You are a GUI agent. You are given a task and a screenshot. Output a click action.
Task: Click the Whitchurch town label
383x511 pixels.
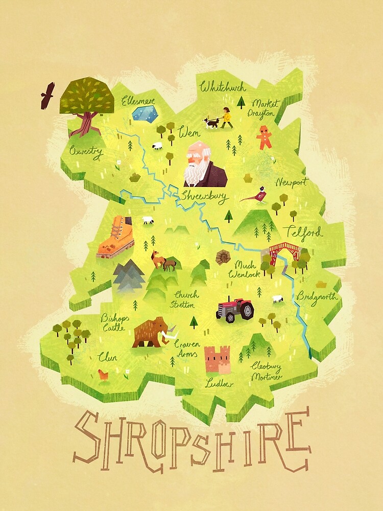coord(223,87)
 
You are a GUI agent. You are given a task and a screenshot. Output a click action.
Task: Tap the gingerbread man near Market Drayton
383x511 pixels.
coord(264,137)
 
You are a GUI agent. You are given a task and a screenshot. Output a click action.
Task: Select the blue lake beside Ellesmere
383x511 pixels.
coord(144,114)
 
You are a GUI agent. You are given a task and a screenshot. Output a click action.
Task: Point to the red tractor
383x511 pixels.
coord(235,309)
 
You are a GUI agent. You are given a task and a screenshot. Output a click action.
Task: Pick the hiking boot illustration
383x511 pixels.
coord(116,237)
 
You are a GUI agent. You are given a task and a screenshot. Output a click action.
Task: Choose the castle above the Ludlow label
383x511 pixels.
coord(217,360)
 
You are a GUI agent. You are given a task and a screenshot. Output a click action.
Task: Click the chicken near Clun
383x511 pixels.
coord(104,376)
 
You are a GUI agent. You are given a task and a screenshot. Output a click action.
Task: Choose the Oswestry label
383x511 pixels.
coord(86,152)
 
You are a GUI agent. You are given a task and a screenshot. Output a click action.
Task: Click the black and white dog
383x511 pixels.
coord(211,123)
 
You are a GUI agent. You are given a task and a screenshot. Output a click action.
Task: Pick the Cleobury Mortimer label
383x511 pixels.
coord(266,371)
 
